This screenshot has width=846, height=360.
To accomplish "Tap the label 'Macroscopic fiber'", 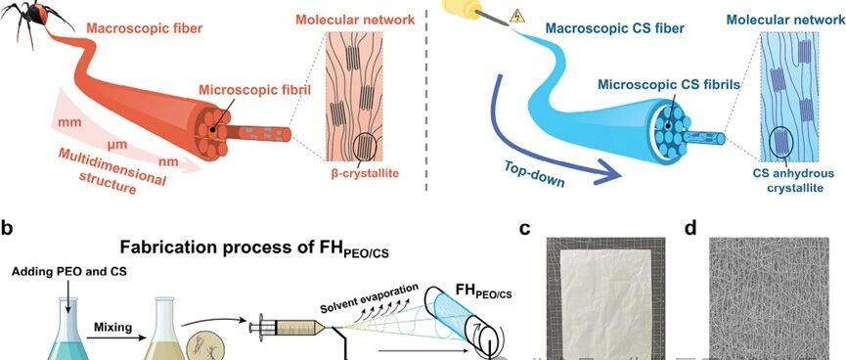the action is click(x=145, y=28).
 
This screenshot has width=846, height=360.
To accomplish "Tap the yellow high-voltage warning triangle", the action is click(x=516, y=16).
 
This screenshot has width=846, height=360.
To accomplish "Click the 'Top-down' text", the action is click(x=534, y=174).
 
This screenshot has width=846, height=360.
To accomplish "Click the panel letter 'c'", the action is click(x=524, y=229).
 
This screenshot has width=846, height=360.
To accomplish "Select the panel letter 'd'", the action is click(x=690, y=228).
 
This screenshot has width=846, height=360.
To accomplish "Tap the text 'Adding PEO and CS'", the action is click(x=69, y=272).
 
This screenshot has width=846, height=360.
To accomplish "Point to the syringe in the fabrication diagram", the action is click(x=289, y=327).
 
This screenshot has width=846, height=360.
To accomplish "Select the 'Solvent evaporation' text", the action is click(x=369, y=300).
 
